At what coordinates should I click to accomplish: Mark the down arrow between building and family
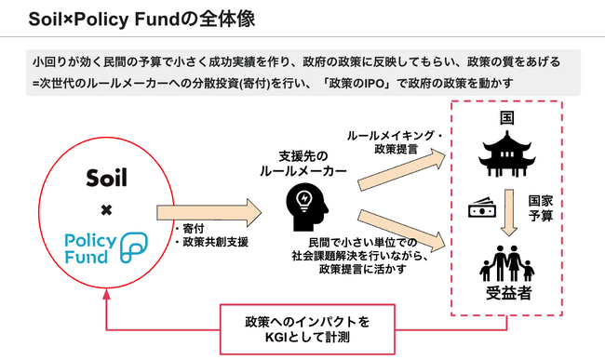coord(509,211)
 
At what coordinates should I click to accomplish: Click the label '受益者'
coord(509,296)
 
